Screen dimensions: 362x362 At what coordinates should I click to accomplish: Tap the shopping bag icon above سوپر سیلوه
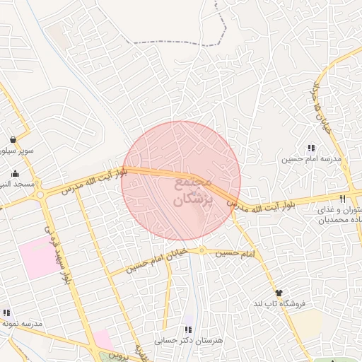click(x=13, y=139)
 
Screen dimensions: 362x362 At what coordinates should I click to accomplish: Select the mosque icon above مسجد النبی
click(x=15, y=174)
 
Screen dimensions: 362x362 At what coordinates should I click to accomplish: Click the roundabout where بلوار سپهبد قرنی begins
click(x=40, y=195)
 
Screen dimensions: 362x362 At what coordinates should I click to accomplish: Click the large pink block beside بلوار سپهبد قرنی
click(x=40, y=259)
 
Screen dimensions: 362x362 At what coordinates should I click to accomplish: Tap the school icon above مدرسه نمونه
click(x=7, y=313)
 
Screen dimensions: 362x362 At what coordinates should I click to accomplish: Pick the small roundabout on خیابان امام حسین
click(x=202, y=250)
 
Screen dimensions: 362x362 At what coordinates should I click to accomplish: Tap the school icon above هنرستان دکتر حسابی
click(x=188, y=329)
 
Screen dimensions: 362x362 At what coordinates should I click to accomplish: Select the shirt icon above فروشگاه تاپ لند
click(x=279, y=293)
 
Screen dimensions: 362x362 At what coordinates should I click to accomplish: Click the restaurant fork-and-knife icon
click(x=343, y=199)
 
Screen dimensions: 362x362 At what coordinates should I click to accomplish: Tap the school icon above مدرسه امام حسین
click(x=310, y=148)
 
